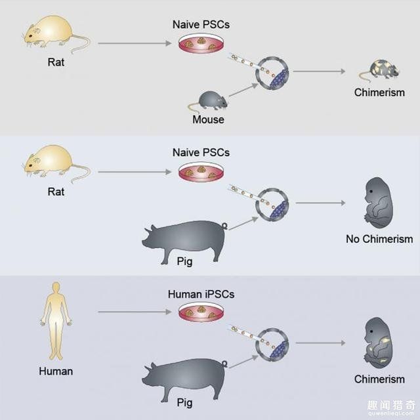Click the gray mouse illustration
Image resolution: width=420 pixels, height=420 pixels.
pyautogui.click(x=211, y=100)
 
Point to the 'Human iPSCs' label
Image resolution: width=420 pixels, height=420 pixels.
pyautogui.click(x=201, y=295)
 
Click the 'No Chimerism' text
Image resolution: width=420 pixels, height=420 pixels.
pyautogui.click(x=379, y=239)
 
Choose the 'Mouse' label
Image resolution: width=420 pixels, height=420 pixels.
pyautogui.click(x=208, y=119)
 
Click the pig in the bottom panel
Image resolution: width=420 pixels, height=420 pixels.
pyautogui.click(x=183, y=381)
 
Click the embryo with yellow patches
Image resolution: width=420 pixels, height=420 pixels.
pyautogui.click(x=378, y=343)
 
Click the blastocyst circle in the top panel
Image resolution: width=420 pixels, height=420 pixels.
pyautogui.click(x=272, y=72)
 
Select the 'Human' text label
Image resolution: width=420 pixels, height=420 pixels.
pyautogui.click(x=56, y=371)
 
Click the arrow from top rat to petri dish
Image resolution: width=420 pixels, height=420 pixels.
pyautogui.click(x=135, y=44)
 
